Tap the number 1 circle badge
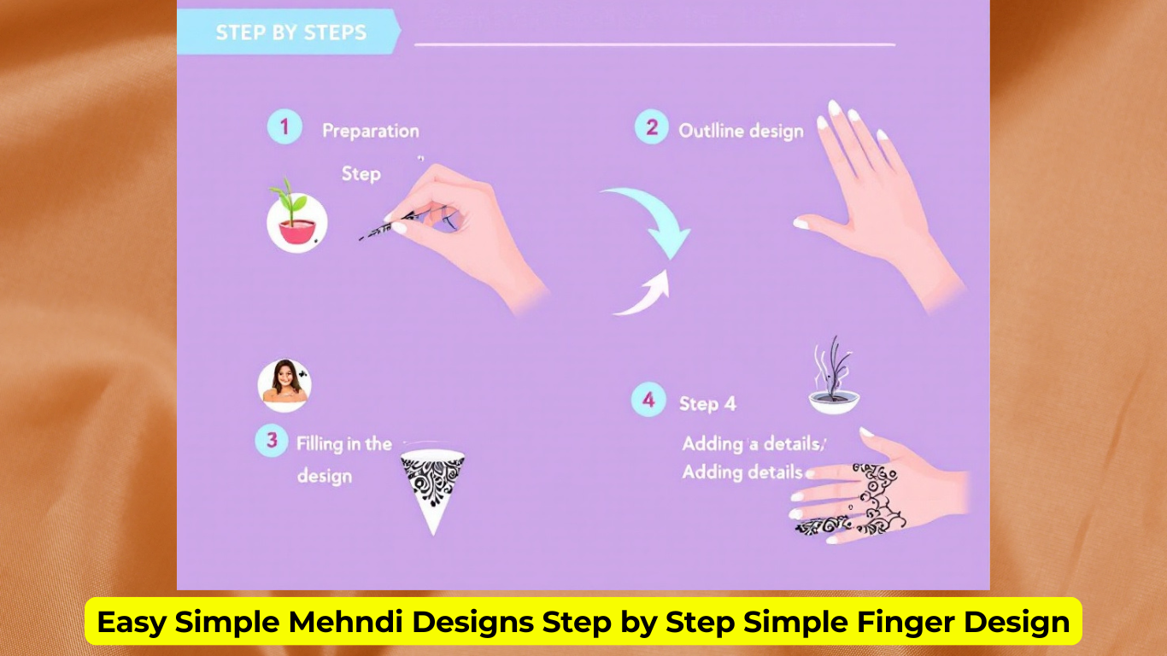(284, 128)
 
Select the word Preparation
(371, 131)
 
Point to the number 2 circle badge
(651, 128)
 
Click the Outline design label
(741, 131)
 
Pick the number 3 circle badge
(272, 441)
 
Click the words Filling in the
(343, 444)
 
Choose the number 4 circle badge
(648, 400)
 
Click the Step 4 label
(707, 404)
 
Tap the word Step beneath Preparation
(361, 173)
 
